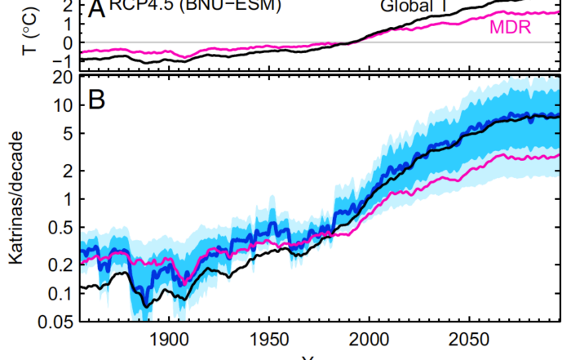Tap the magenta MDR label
point(511,29)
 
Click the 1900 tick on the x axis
point(169,340)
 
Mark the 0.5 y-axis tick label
point(55,228)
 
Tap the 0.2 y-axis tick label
point(55,265)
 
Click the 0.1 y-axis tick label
point(55,293)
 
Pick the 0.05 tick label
point(51,322)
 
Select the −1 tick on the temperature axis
point(60,60)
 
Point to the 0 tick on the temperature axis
point(64,42)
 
